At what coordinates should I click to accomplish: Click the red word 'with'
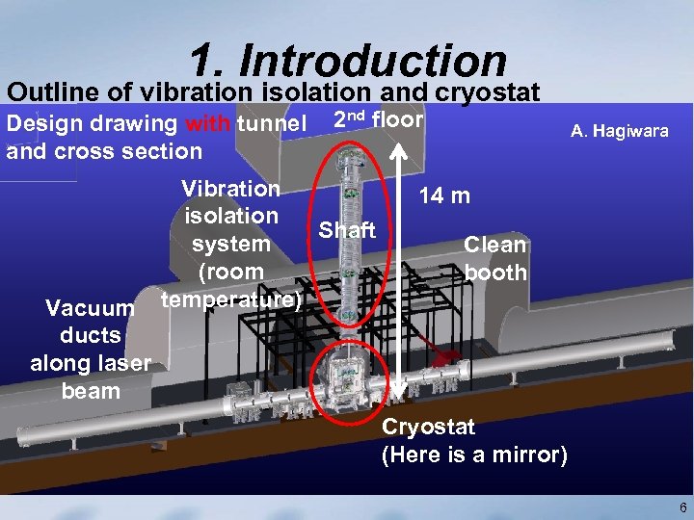208,124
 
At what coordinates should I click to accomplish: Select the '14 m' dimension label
443,196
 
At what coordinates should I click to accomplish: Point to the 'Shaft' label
347,230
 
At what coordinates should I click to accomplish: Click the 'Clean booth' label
495,258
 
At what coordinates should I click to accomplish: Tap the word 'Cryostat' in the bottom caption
428,428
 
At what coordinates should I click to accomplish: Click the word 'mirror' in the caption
528,455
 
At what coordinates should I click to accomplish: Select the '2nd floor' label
378,119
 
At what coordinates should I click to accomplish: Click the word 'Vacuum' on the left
90,308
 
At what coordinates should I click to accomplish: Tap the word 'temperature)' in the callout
231,299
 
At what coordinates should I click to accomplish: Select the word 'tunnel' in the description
271,124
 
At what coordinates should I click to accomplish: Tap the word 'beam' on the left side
91,391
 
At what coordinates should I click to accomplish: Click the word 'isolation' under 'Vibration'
231,216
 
